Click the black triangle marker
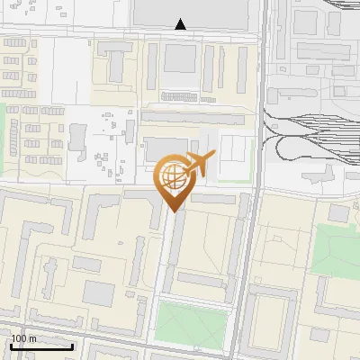[181, 24]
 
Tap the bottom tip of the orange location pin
[173, 211]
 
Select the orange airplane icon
[200, 165]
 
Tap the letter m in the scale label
[33, 338]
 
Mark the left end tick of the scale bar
[11, 346]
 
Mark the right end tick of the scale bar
[72, 346]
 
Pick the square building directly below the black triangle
[181, 58]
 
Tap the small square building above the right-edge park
[337, 213]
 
